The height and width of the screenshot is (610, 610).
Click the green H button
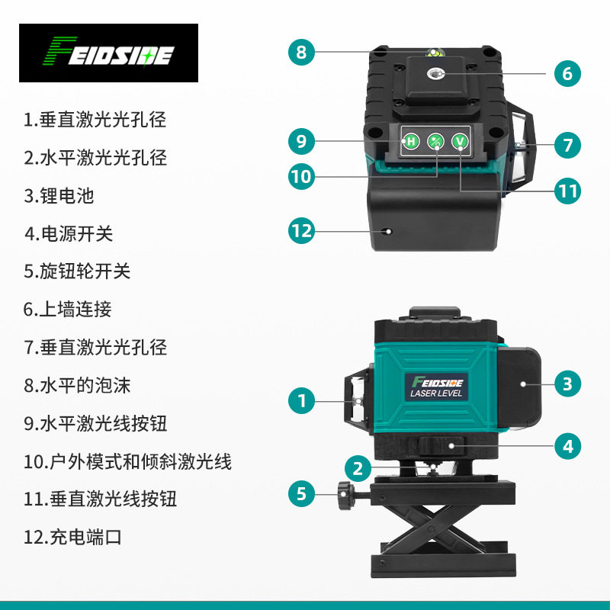pyautogui.click(x=411, y=141)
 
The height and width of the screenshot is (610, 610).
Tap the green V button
pyautogui.click(x=460, y=141)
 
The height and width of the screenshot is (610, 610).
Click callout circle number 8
pyautogui.click(x=301, y=52)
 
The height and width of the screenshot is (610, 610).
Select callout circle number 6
pyautogui.click(x=567, y=73)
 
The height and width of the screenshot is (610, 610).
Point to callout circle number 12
pyautogui.click(x=301, y=231)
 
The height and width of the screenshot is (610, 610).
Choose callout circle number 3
pyautogui.click(x=567, y=384)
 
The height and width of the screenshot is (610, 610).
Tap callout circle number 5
pyautogui.click(x=301, y=494)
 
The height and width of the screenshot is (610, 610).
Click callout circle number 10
pyautogui.click(x=301, y=176)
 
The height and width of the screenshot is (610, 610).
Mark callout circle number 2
pyautogui.click(x=358, y=468)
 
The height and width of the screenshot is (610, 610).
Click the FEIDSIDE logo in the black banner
pyautogui.click(x=108, y=53)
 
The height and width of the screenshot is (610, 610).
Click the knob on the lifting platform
pyautogui.click(x=345, y=495)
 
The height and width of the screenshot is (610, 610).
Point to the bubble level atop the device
pyautogui.click(x=434, y=52)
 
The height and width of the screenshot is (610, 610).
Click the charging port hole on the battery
pyautogui.click(x=387, y=232)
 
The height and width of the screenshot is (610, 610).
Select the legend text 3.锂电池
pyautogui.click(x=59, y=196)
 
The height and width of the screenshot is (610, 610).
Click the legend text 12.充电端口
pyautogui.click(x=72, y=538)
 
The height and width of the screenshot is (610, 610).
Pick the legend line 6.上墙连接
pyautogui.click(x=68, y=310)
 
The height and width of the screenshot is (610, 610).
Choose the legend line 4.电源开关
pyautogui.click(x=69, y=234)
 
